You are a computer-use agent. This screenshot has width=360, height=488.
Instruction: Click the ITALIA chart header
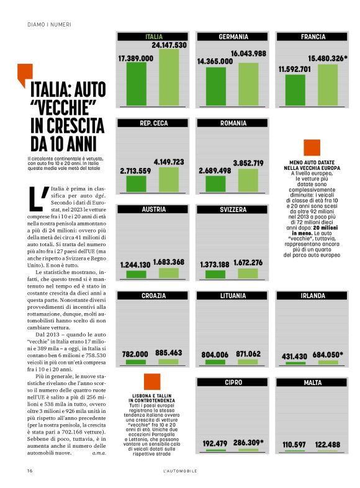pos(154,37)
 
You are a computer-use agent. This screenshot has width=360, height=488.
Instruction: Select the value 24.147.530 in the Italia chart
pos(169,45)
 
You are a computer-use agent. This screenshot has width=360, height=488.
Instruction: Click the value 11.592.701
pos(294,69)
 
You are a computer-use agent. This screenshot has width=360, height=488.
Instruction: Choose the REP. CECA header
pos(154,123)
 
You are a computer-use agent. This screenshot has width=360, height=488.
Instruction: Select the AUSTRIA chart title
pos(154,210)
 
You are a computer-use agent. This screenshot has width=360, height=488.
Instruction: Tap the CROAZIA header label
pos(154,296)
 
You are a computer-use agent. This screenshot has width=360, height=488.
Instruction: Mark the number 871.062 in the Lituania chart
pos(248,353)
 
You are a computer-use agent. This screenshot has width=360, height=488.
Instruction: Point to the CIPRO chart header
pos(233,383)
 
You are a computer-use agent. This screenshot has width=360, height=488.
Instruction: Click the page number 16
pos(30,471)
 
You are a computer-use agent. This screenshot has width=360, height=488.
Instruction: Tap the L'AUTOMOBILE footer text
pos(180,471)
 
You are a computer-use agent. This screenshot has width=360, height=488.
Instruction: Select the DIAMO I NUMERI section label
pos(50,25)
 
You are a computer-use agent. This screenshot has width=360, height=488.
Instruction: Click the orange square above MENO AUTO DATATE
pos(312,148)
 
